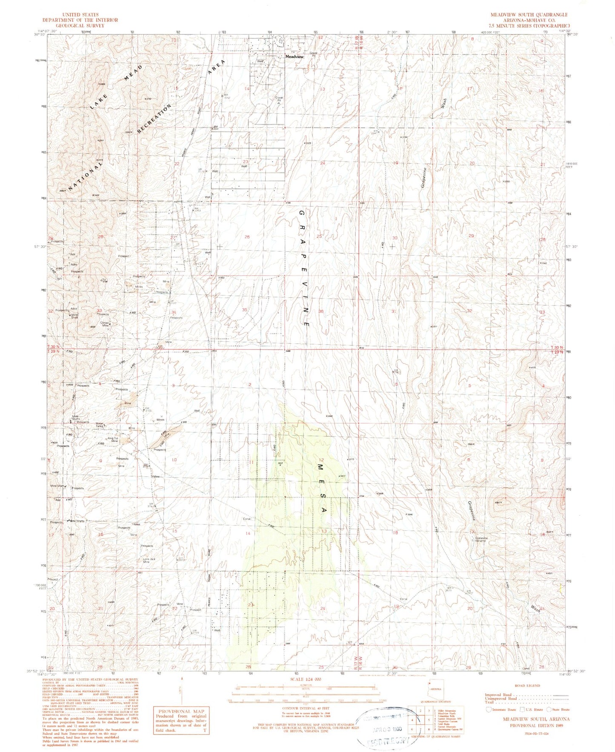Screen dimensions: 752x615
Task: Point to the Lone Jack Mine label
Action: tap(149, 560)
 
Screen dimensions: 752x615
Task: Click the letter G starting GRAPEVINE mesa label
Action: tap(301, 213)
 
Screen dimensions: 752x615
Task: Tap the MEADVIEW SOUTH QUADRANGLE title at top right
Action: tap(529, 14)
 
